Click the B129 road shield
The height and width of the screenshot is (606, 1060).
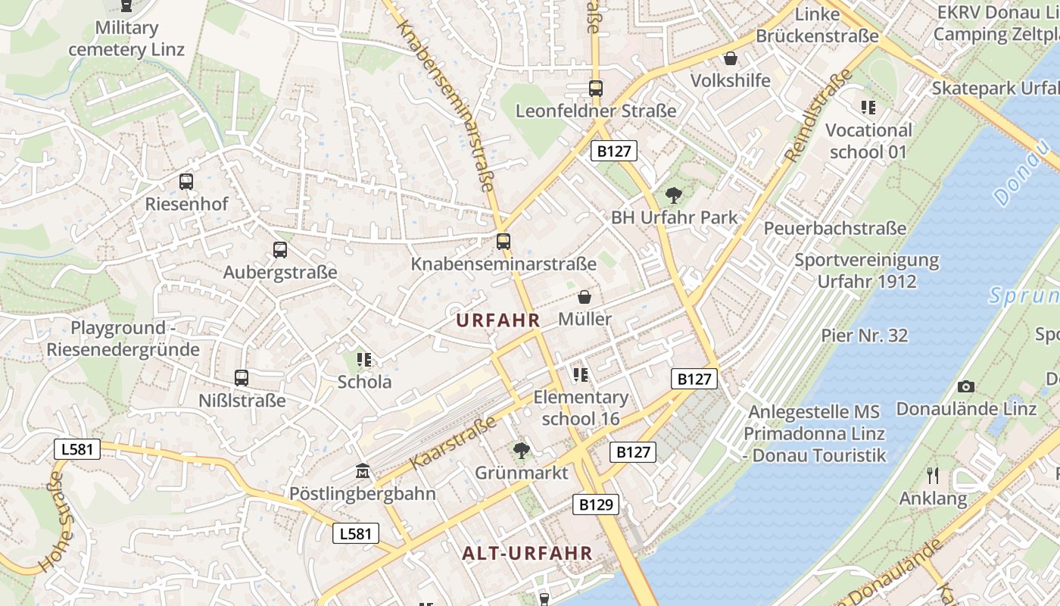(595, 504)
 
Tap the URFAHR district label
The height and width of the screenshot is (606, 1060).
(498, 320)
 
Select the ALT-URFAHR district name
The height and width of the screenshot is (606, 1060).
(527, 553)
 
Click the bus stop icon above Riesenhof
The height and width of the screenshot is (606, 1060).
(186, 182)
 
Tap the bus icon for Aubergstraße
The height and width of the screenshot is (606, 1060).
(280, 250)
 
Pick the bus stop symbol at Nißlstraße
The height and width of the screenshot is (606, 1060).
(242, 377)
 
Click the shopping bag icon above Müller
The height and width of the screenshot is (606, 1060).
(585, 297)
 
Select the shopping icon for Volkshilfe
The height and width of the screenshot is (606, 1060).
(731, 58)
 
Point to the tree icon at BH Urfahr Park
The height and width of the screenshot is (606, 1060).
(673, 195)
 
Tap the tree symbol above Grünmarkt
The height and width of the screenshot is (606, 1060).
(521, 451)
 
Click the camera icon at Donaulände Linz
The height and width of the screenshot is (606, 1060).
(965, 386)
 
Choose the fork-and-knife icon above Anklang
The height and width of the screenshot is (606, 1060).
(933, 476)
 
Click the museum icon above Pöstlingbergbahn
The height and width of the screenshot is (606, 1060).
(363, 472)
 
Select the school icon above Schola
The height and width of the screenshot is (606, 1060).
(364, 359)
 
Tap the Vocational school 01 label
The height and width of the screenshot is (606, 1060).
(868, 140)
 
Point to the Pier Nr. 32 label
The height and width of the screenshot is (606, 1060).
(864, 335)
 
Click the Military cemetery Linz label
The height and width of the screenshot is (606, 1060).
(126, 39)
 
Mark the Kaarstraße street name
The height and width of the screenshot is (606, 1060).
(453, 442)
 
